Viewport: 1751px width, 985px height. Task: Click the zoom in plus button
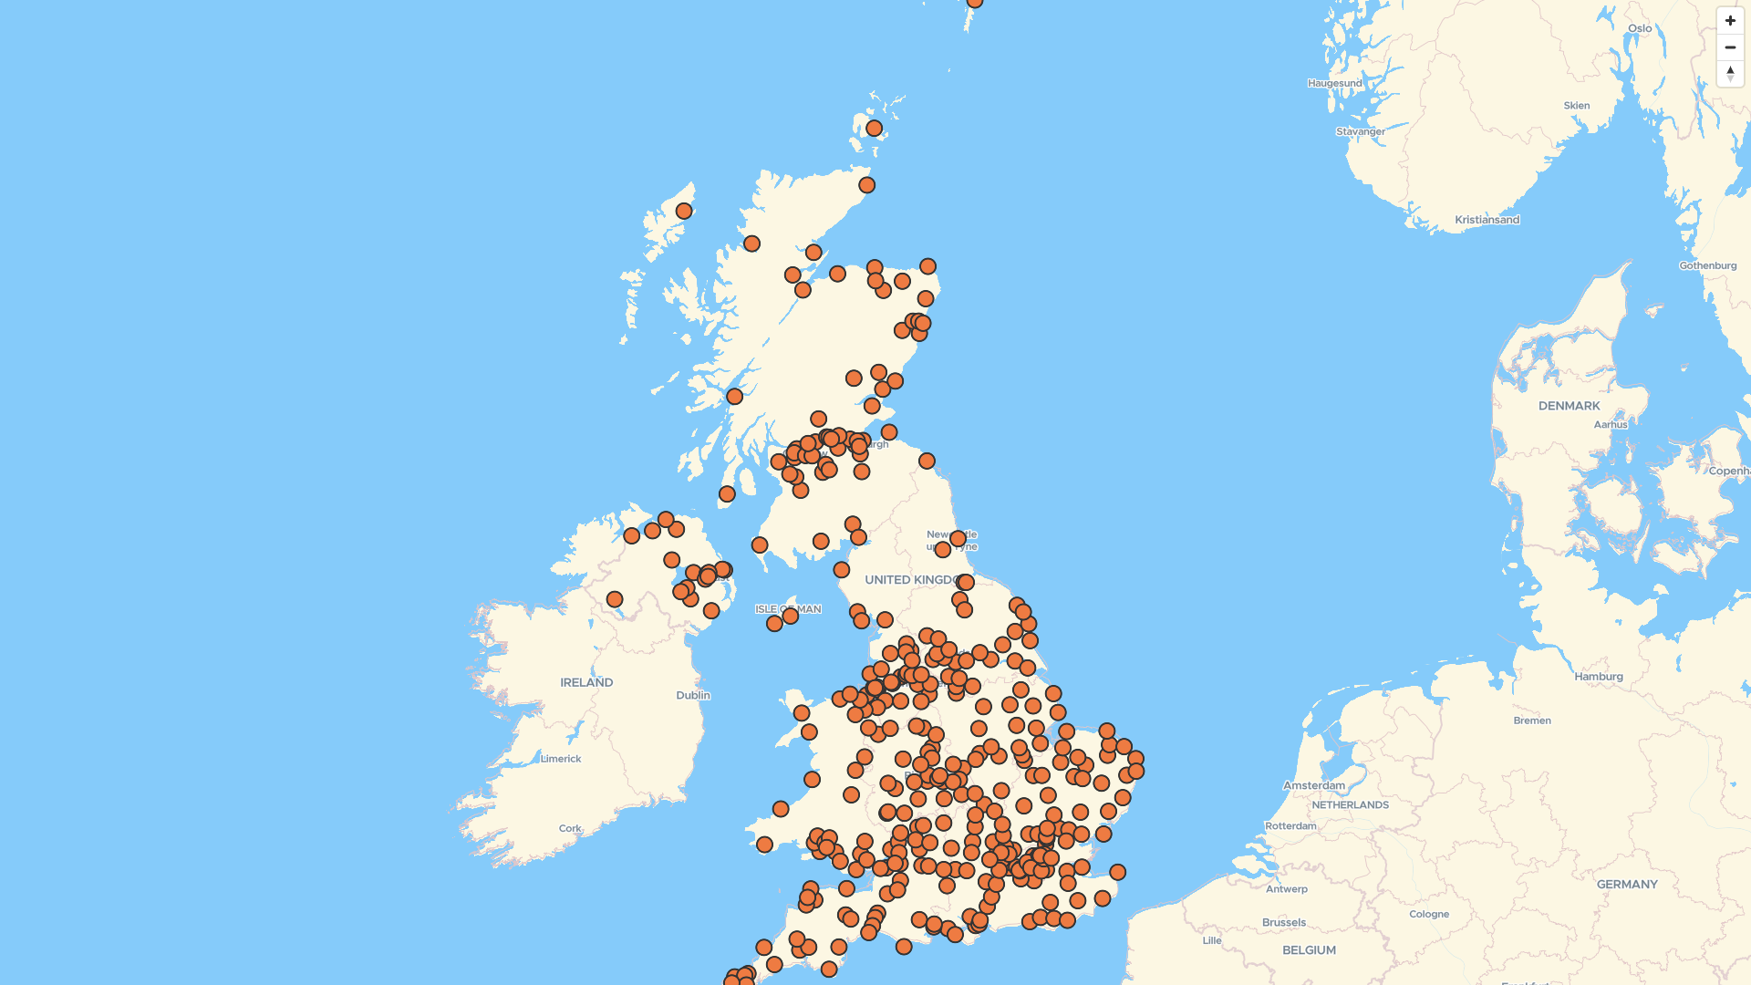coord(1730,20)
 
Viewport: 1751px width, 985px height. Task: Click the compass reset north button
coord(1730,73)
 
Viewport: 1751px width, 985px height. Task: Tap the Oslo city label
coord(1640,28)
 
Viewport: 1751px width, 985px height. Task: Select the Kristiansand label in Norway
coord(1487,220)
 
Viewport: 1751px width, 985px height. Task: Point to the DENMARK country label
coord(1569,406)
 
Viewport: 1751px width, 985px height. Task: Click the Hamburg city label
coord(1598,677)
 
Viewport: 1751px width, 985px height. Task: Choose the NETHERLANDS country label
coord(1350,805)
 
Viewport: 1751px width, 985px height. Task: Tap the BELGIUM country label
coord(1309,950)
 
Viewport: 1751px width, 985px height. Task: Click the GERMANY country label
coord(1627,885)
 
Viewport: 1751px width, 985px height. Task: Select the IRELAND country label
coord(586,683)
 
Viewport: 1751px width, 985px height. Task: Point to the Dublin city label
coord(693,696)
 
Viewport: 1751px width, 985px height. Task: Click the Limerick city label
coord(560,759)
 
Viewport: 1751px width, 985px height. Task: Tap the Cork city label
coord(570,829)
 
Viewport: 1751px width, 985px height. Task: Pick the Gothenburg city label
coord(1707,266)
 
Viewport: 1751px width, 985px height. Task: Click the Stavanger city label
coord(1360,132)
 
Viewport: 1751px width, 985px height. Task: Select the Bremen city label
coord(1532,721)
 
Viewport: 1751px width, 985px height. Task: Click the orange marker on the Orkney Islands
coord(874,129)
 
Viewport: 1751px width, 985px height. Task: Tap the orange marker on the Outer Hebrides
coord(684,212)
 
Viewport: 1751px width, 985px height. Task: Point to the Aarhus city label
coord(1610,425)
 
